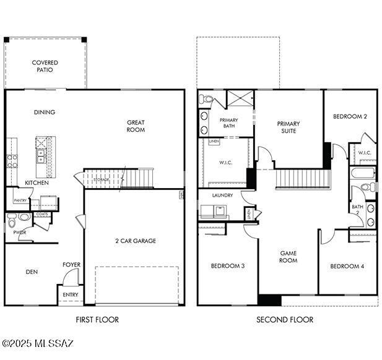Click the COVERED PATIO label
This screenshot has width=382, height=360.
pyautogui.click(x=45, y=66)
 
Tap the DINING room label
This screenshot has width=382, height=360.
pyautogui.click(x=45, y=113)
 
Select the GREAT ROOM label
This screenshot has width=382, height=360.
pyautogui.click(x=136, y=126)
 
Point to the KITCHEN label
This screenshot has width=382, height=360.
pyautogui.click(x=37, y=183)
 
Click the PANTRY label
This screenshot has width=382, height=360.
pyautogui.click(x=20, y=200)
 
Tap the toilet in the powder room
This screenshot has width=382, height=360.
pyautogui.click(x=23, y=217)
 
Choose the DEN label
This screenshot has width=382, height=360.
pyautogui.click(x=32, y=272)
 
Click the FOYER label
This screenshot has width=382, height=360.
pyautogui.click(x=71, y=265)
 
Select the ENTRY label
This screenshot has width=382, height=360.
pyautogui.click(x=71, y=295)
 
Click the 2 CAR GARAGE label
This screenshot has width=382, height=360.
pyautogui.click(x=136, y=241)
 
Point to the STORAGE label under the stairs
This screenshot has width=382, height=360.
pyautogui.click(x=102, y=179)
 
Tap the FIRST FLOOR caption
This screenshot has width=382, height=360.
pyautogui.click(x=97, y=320)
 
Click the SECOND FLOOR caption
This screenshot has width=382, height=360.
pyautogui.click(x=285, y=320)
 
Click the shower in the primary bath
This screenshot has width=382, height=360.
pyautogui.click(x=240, y=99)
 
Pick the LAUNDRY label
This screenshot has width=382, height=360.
pyautogui.click(x=222, y=195)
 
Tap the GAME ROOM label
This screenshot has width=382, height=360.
pyautogui.click(x=289, y=257)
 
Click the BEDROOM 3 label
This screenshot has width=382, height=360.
pyautogui.click(x=227, y=266)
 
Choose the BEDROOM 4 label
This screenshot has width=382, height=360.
pyautogui.click(x=347, y=266)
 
